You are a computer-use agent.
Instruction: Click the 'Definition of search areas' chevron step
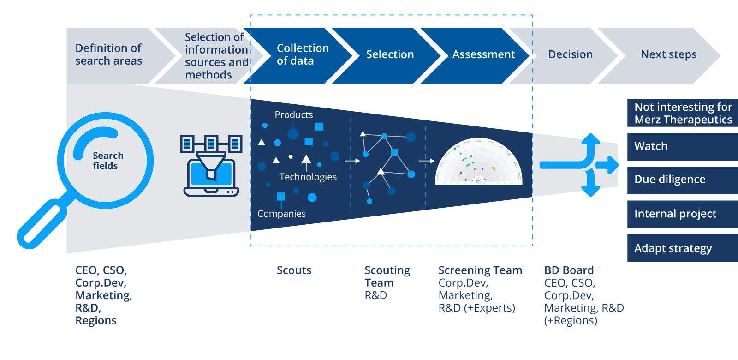[x=109, y=55]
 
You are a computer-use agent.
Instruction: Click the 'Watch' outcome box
[x=682, y=147]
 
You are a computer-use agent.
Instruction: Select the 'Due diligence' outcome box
[x=682, y=180]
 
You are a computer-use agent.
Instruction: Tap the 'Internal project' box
[x=682, y=214]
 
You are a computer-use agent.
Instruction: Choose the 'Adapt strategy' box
[x=682, y=248]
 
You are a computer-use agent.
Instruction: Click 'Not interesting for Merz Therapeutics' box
[x=682, y=114]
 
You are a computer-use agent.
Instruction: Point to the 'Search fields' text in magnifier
[x=108, y=161]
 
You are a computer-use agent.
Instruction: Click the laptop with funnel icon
[x=211, y=166]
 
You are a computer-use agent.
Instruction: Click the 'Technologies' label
[x=308, y=177]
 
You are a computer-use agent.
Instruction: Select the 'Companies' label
[x=281, y=214]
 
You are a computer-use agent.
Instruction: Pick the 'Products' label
[x=293, y=115]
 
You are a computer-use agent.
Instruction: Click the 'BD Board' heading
[x=569, y=270]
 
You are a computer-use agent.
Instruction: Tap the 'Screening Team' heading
[x=480, y=270]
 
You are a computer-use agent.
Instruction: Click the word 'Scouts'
[x=294, y=270]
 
